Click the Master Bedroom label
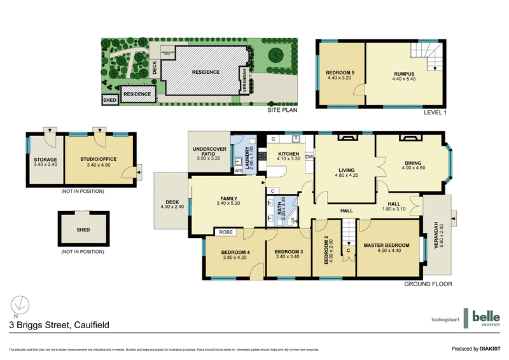click(386, 246)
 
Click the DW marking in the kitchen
click(309, 156)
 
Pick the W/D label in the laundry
click(239, 170)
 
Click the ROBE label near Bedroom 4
click(227, 233)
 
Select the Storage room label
click(45, 160)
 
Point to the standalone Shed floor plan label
click(83, 230)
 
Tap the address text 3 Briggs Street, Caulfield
click(59, 325)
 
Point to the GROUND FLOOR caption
click(428, 284)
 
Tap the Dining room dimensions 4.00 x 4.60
click(412, 168)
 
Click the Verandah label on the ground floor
click(435, 233)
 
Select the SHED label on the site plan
click(109, 100)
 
